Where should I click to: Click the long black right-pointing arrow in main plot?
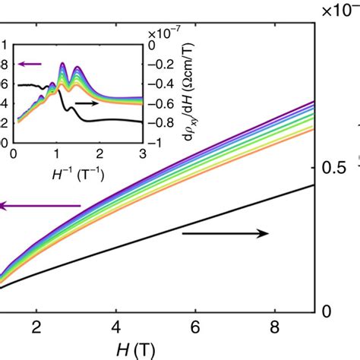pos(226,234)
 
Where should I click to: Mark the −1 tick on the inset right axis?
pos(157,143)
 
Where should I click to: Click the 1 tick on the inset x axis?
pos(57,155)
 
